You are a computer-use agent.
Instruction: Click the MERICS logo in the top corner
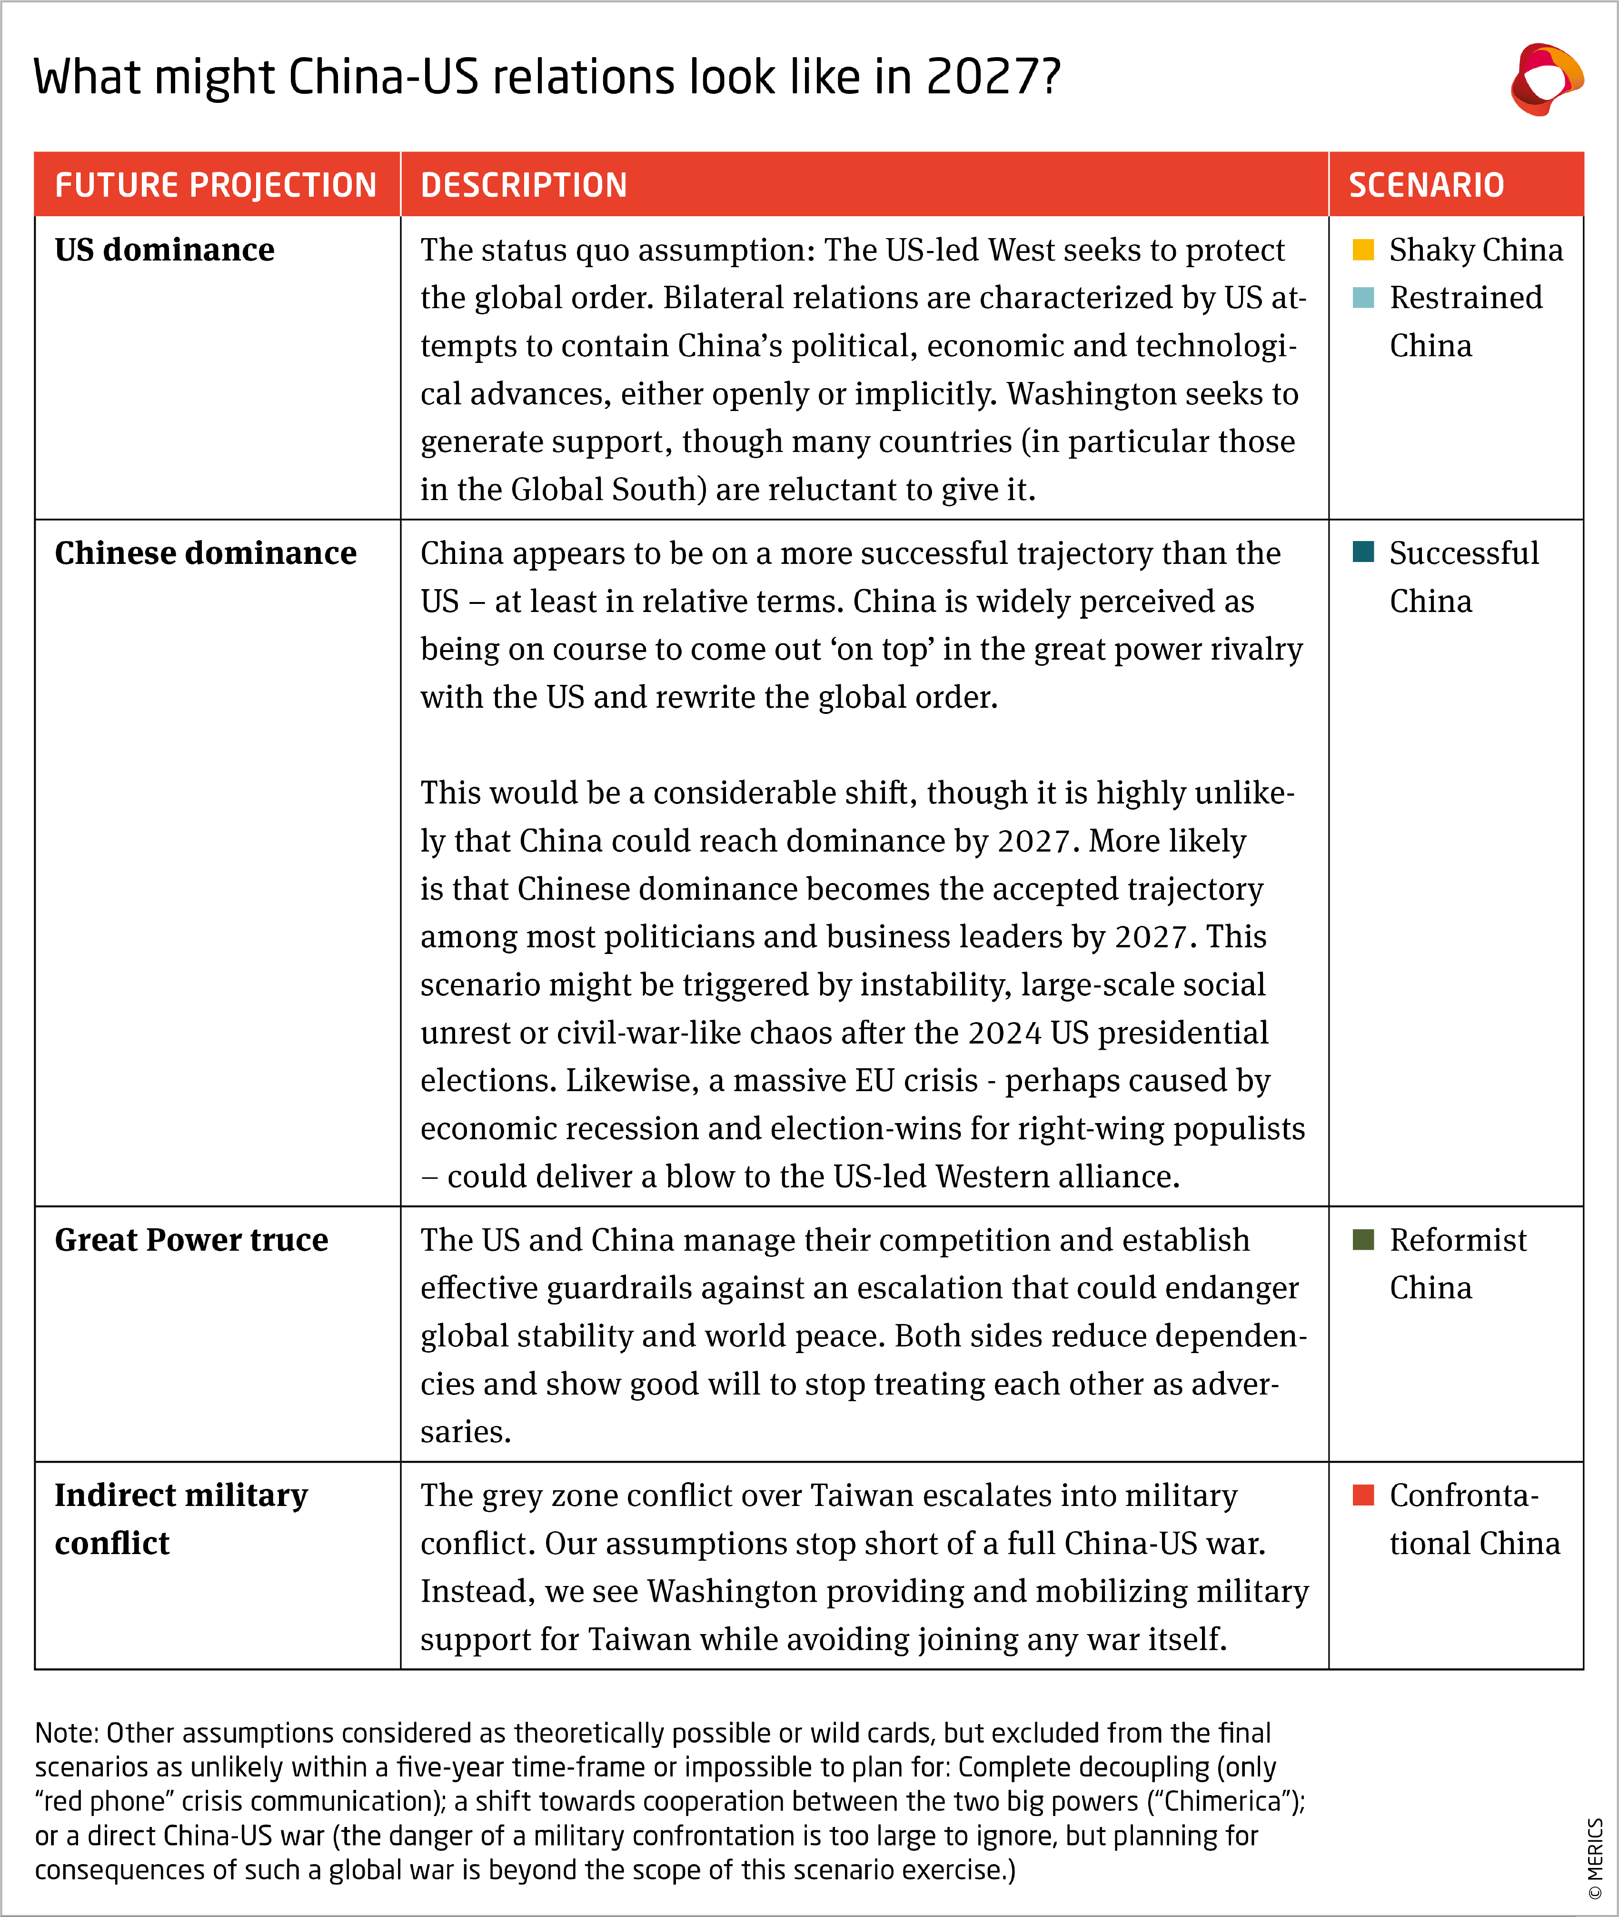[x=1548, y=79]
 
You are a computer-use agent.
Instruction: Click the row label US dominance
[x=164, y=250]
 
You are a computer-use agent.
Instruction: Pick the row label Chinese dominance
[x=206, y=552]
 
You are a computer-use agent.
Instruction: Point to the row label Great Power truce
[x=191, y=1239]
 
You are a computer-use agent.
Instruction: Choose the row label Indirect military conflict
[x=181, y=1518]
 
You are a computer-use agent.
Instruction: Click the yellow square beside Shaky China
[x=1363, y=250]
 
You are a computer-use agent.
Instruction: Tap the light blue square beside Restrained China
[x=1363, y=298]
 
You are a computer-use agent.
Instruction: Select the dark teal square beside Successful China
[x=1363, y=552]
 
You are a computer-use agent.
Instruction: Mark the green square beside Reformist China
[x=1363, y=1239]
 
